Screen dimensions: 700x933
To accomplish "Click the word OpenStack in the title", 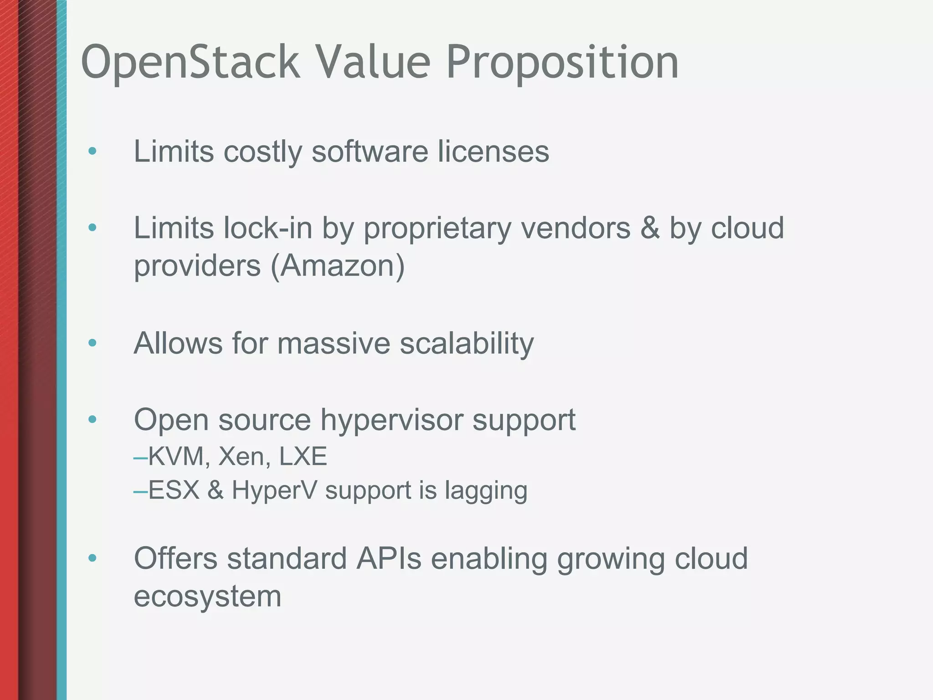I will click(x=190, y=62).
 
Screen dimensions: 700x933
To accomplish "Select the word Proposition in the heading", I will click(x=562, y=62).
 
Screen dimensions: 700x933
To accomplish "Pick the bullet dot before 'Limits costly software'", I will click(x=92, y=151).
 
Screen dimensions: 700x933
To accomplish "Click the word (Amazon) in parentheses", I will click(x=338, y=266).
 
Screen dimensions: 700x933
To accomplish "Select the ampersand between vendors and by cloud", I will click(x=650, y=228).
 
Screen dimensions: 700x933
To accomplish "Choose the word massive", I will click(x=333, y=343).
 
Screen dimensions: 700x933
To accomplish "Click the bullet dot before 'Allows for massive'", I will click(x=92, y=343).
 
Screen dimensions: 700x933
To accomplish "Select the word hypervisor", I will click(x=391, y=420).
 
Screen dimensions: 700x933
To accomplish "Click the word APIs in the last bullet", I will click(x=389, y=558).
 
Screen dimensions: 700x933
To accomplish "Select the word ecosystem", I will click(x=207, y=596).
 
